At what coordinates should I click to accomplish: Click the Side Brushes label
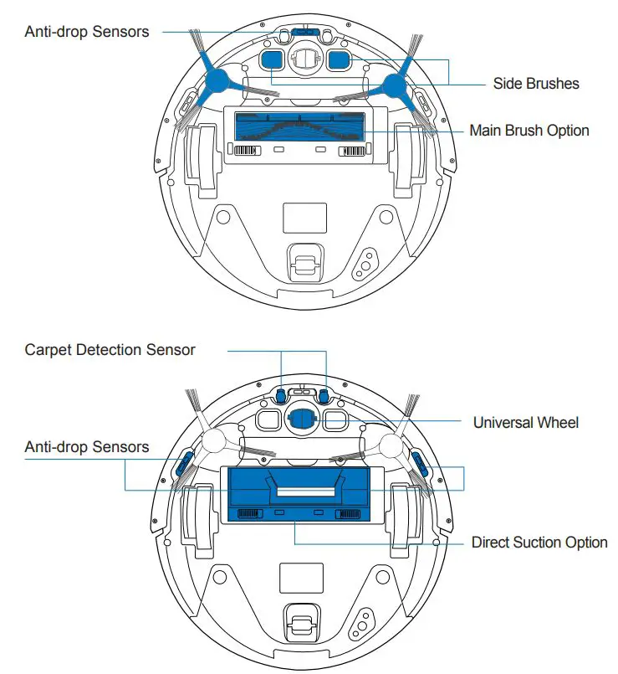535,83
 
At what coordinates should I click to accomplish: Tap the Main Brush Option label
529,131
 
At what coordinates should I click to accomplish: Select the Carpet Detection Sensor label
110,349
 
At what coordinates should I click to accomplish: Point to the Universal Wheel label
525,422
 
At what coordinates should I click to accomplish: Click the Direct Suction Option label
539,543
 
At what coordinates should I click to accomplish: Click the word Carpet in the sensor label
49,349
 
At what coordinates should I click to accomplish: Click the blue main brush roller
299,126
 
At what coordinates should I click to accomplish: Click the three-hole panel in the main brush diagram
364,265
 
